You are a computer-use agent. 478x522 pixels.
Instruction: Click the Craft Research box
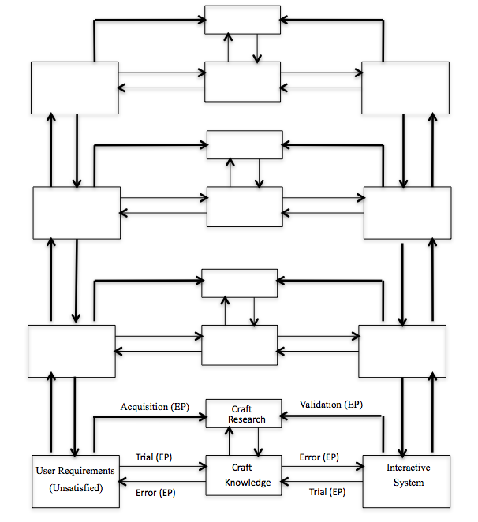pyautogui.click(x=243, y=414)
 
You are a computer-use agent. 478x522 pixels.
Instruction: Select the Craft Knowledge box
pyautogui.click(x=243, y=475)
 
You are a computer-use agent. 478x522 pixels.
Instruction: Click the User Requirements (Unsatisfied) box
pyautogui.click(x=75, y=480)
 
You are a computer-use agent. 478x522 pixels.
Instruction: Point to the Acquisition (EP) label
pyautogui.click(x=155, y=407)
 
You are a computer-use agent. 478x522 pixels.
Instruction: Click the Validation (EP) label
pyautogui.click(x=331, y=405)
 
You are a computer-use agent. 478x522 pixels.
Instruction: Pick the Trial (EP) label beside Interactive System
pyautogui.click(x=326, y=492)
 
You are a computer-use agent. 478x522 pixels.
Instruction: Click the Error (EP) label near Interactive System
pyautogui.click(x=319, y=457)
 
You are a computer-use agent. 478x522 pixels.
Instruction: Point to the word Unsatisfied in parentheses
pyautogui.click(x=75, y=489)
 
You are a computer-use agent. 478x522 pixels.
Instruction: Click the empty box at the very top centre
pyautogui.click(x=242, y=20)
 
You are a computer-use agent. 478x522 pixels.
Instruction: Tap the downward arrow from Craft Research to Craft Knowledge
pyautogui.click(x=256, y=442)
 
